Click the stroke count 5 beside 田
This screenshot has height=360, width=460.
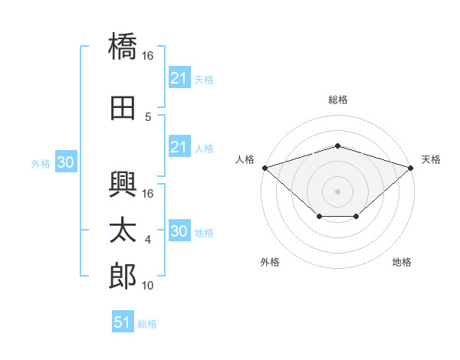click(148, 117)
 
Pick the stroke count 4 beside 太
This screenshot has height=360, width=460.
click(148, 240)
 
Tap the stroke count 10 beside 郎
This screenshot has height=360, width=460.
click(148, 286)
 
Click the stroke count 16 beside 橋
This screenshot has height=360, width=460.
click(148, 56)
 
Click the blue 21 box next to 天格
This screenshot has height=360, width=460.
click(179, 78)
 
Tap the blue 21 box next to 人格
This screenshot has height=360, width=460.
click(179, 147)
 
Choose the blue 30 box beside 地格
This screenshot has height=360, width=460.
click(179, 231)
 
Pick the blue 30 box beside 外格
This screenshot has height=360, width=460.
click(65, 162)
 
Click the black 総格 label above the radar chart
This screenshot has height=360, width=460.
click(337, 100)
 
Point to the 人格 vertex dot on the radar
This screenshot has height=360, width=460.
click(264, 167)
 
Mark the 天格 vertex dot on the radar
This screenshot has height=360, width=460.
click(411, 167)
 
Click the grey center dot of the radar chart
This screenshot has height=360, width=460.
click(337, 191)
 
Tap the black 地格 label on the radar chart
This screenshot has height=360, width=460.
click(402, 262)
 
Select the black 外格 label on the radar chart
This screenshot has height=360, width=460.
click(270, 262)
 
